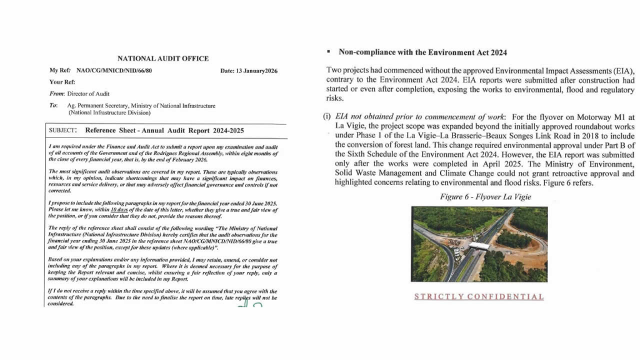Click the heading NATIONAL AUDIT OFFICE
163,59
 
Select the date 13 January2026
251,71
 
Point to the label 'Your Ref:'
62,82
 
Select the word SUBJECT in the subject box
63,130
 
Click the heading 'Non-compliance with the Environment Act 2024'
422,52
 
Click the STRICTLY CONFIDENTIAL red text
479,296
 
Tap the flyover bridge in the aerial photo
479,246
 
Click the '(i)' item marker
326,117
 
